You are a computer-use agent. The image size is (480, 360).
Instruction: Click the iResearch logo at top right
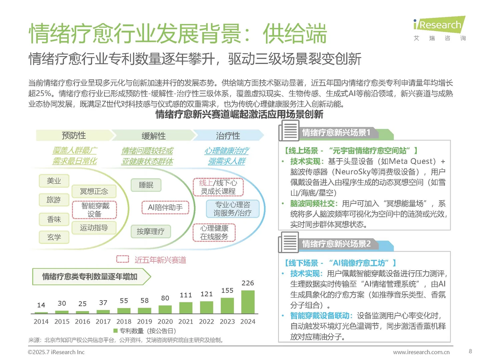[x=439, y=25]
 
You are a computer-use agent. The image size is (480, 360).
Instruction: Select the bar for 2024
[x=248, y=302]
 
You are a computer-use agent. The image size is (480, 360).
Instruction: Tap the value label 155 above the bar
[x=227, y=290]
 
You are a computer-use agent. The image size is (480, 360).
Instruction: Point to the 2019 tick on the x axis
[x=144, y=322]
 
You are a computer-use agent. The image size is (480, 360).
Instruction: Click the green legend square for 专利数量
[x=116, y=331]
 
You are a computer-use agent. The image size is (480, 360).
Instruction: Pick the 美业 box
[x=54, y=181]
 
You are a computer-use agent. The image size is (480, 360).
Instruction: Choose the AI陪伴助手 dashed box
[x=165, y=207]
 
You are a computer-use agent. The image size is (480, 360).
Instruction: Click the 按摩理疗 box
[x=150, y=231]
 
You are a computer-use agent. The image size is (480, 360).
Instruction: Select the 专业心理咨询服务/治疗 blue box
[x=232, y=209]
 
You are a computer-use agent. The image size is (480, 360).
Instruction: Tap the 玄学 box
[x=54, y=237]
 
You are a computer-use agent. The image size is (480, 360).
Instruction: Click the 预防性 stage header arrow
[x=74, y=135]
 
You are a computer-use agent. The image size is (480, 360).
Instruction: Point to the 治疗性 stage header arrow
[x=228, y=135]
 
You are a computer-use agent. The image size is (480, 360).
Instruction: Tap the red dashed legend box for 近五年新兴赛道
[x=122, y=259]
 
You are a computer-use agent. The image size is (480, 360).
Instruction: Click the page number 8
[x=470, y=351]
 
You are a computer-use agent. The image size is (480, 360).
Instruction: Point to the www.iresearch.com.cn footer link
[x=421, y=352]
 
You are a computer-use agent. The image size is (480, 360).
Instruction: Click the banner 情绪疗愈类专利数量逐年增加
[x=90, y=277]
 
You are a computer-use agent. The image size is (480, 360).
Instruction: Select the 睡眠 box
[x=146, y=185]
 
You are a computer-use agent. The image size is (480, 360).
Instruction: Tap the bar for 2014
[x=41, y=313]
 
